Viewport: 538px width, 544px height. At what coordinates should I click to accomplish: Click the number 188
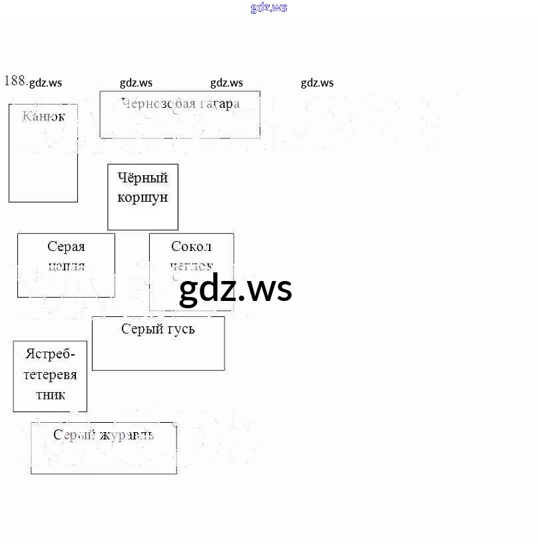tap(15, 81)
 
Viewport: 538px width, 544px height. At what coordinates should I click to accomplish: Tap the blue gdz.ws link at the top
tap(269, 8)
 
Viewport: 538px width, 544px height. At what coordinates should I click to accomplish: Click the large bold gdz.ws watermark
tap(236, 290)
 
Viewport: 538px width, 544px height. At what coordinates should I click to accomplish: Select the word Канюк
tap(43, 117)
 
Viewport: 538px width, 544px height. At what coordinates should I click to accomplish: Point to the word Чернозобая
tap(158, 103)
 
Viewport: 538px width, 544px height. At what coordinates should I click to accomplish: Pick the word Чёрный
tap(142, 178)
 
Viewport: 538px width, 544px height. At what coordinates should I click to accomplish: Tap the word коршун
tap(142, 198)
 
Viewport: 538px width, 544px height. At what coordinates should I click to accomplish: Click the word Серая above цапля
tap(66, 247)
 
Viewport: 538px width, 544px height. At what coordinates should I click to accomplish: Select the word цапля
tap(66, 266)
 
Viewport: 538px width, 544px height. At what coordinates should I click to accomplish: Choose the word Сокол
tap(191, 247)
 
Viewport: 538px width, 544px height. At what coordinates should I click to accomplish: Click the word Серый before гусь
tap(138, 329)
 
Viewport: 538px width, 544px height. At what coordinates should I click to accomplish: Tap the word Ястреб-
tap(51, 354)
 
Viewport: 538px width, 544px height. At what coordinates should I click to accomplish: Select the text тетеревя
tap(51, 375)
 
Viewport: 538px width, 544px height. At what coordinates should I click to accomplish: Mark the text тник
tap(51, 395)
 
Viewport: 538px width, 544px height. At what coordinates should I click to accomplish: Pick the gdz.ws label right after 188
tap(46, 83)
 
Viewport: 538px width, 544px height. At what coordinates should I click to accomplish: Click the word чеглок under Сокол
tap(191, 266)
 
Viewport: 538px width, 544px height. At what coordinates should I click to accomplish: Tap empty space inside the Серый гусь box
tap(158, 353)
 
